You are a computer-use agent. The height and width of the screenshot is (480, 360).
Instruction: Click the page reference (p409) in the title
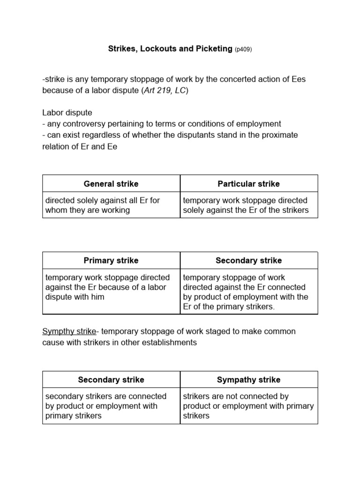243,49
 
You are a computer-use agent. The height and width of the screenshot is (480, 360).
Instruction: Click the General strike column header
111,183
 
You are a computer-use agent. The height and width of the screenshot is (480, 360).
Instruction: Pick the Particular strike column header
248,183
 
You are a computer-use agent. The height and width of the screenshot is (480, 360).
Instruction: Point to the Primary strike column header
111,260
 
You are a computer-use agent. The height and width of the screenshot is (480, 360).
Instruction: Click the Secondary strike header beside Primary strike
248,260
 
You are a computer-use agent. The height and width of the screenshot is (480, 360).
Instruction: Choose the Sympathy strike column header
248,379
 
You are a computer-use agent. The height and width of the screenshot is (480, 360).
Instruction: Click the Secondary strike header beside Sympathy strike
111,379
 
